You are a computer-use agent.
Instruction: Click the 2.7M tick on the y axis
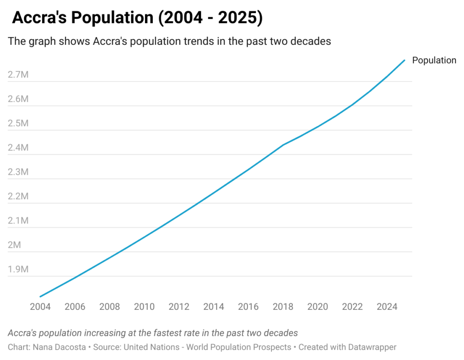click(x=18, y=75)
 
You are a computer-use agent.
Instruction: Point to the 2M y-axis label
click(x=14, y=245)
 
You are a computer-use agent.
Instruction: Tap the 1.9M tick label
click(x=18, y=269)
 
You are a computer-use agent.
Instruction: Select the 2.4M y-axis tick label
click(x=18, y=148)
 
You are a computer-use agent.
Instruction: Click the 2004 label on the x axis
click(x=40, y=307)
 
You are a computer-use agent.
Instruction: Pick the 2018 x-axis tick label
click(x=283, y=307)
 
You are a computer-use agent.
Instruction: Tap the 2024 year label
click(x=387, y=307)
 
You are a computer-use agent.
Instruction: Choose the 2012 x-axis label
click(x=179, y=307)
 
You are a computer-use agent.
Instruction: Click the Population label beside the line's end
click(x=434, y=60)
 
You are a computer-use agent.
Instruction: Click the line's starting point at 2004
click(x=40, y=297)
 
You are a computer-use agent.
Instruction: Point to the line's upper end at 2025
click(x=404, y=60)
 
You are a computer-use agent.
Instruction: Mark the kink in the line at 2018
click(x=283, y=145)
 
